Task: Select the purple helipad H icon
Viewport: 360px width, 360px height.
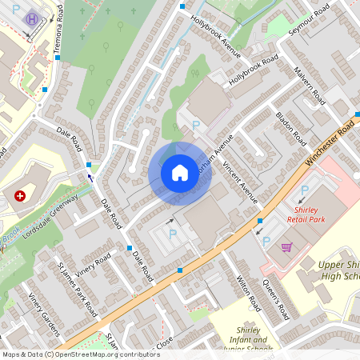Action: [x=32, y=19]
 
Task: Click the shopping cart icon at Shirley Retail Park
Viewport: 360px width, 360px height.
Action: [x=286, y=247]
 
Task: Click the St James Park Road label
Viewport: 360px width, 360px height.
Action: [x=77, y=287]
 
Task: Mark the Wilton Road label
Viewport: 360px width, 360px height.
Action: [x=250, y=293]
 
